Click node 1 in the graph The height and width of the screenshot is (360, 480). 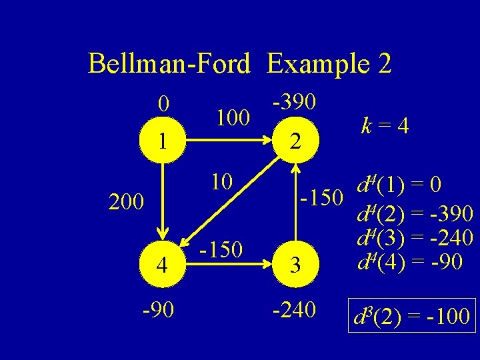(163, 141)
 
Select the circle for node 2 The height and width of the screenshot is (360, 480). (295, 141)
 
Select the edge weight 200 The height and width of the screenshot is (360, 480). (127, 201)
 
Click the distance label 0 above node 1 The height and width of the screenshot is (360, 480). (163, 103)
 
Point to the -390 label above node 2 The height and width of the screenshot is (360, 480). (295, 101)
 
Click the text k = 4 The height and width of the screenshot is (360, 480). (385, 125)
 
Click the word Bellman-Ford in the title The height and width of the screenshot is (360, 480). (169, 64)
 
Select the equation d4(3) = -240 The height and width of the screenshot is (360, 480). (415, 237)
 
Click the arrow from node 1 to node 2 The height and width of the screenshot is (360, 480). (229, 141)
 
